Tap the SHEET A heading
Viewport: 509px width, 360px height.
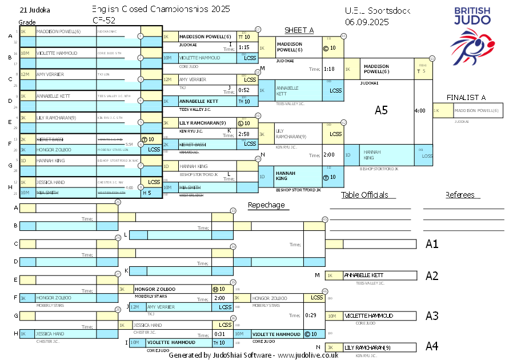(x=299, y=30)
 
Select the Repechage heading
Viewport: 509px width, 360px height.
(x=266, y=205)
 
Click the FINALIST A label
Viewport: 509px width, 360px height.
(x=466, y=97)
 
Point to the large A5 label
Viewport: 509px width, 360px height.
(x=381, y=110)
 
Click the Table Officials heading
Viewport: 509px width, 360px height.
(x=364, y=195)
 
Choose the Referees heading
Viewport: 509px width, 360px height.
(x=460, y=195)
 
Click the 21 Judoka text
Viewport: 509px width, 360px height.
(x=34, y=10)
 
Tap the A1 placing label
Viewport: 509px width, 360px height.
(x=432, y=245)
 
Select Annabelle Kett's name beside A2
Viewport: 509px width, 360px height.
(x=363, y=275)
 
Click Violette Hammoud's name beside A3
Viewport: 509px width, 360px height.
(x=368, y=315)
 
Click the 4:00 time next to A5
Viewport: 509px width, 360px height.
(x=419, y=110)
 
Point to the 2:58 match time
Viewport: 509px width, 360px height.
(x=244, y=134)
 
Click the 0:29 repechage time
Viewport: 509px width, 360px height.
(x=311, y=315)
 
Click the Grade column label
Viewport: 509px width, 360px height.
(x=27, y=22)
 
